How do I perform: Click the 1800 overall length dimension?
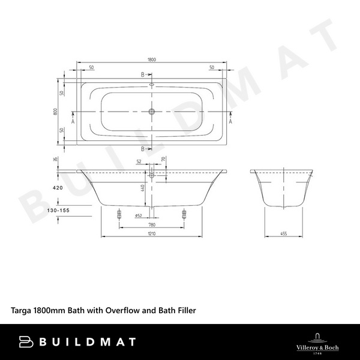pos(152,59)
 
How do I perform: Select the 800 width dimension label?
pos(55,112)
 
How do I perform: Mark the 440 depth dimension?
pos(143,188)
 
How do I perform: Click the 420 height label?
pos(58,188)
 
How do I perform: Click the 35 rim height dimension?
pos(55,159)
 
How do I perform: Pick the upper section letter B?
pos(143,75)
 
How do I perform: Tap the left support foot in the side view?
pos(119,214)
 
